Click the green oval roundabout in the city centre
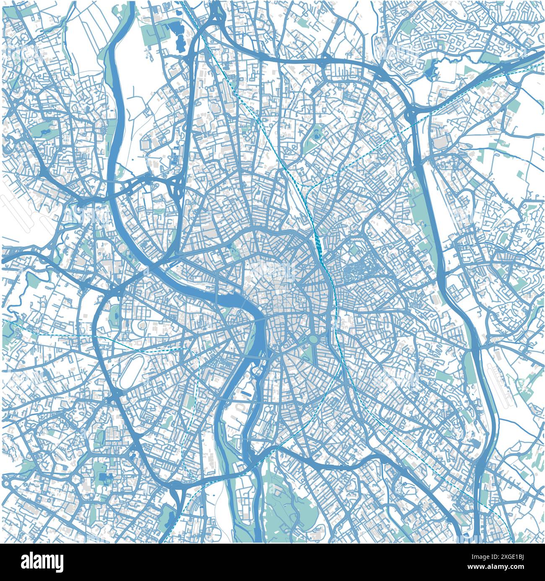click(x=313, y=339)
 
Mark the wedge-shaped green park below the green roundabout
click(x=308, y=354)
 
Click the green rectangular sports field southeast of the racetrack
click(x=191, y=402)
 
